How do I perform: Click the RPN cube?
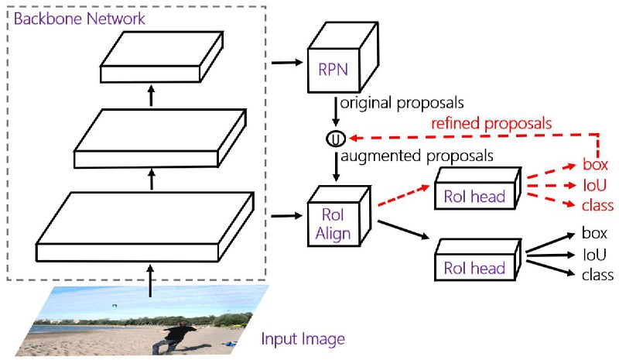click(343, 58)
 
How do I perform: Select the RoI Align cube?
click(339, 217)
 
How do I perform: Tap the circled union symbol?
click(336, 139)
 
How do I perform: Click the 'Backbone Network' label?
click(80, 19)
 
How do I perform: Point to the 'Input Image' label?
click(303, 339)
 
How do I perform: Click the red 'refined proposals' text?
click(491, 123)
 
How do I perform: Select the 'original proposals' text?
click(402, 103)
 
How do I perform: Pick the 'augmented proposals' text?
click(417, 156)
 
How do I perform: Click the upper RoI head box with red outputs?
click(477, 189)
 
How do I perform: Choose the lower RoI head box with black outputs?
click(477, 260)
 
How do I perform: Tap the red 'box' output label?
click(595, 164)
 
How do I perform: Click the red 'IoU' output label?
click(594, 185)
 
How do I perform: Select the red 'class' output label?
click(597, 205)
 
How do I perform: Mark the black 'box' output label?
click(594, 233)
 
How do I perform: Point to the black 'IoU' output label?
click(594, 255)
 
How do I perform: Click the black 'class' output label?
click(597, 275)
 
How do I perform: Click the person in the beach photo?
click(173, 337)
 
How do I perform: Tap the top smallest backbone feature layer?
click(162, 57)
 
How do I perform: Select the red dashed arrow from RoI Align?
click(403, 195)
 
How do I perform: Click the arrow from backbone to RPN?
click(287, 63)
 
